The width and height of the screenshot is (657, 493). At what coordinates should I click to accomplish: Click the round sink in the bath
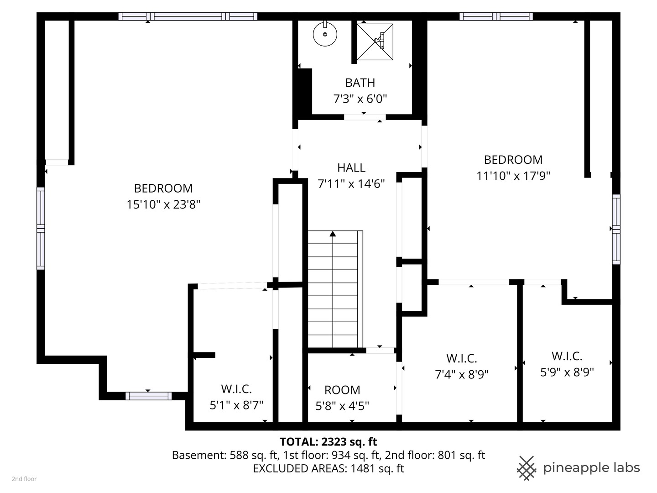click(x=325, y=34)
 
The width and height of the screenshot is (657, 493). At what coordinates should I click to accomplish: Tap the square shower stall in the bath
click(x=375, y=42)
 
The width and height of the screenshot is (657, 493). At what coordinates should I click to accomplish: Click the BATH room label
click(x=360, y=83)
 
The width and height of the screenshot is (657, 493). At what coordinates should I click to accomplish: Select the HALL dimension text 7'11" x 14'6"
click(x=351, y=184)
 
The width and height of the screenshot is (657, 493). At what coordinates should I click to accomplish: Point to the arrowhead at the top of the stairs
click(x=333, y=234)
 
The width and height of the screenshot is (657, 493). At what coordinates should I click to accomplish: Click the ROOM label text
click(x=342, y=390)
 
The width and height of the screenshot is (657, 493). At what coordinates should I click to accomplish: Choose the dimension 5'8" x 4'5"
click(x=342, y=405)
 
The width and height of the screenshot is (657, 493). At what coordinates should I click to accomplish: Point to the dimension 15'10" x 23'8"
click(x=163, y=205)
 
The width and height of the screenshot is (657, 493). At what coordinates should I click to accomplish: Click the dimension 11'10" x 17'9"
click(x=513, y=176)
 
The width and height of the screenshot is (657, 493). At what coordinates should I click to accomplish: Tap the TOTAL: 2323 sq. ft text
click(x=328, y=441)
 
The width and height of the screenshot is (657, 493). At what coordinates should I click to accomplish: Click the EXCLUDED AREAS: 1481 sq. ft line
click(x=328, y=468)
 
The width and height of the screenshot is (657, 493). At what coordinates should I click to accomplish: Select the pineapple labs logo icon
click(x=526, y=468)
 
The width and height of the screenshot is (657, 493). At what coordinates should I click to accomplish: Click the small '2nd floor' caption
click(x=24, y=479)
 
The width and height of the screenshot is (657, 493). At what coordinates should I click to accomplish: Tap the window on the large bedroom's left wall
click(x=41, y=228)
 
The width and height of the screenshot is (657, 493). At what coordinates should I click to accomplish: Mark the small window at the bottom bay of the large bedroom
click(x=148, y=396)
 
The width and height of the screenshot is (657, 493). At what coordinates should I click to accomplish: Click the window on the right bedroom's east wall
click(x=616, y=229)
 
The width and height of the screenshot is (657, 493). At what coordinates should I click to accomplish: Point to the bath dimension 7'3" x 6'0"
click(x=360, y=99)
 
